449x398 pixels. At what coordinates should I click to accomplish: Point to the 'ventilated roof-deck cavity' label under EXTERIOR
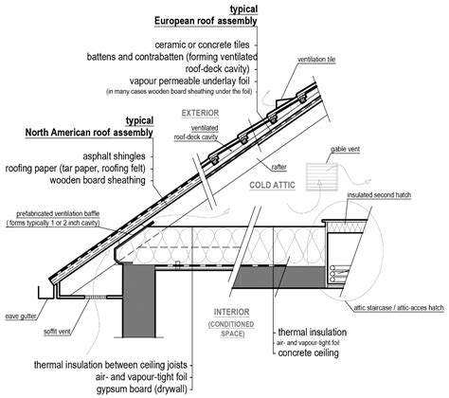pos(197,131)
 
